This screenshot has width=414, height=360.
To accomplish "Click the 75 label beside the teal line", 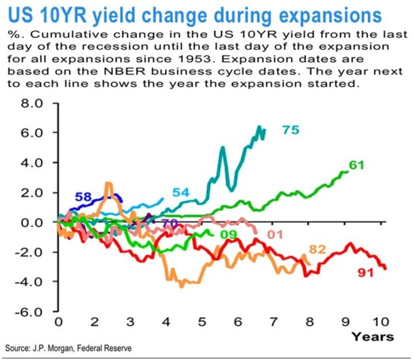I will [290, 130].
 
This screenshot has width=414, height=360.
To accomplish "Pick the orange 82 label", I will [317, 249].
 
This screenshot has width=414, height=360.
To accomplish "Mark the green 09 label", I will [229, 234].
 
